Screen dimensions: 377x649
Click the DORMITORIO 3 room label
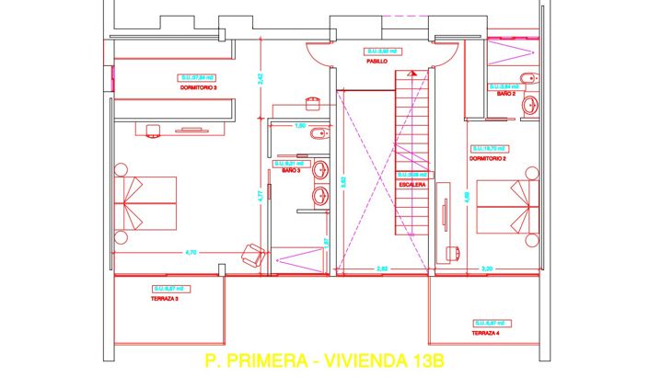coord(198,88)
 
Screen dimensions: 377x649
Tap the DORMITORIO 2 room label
coord(487,158)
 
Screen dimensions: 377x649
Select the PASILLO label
coord(378,62)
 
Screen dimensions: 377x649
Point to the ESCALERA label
coord(411,184)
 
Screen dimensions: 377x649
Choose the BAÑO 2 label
coord(505,94)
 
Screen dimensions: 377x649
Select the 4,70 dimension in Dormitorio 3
coord(191,251)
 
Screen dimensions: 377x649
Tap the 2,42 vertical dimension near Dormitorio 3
coord(261,78)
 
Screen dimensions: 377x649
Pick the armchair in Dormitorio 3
coord(249,254)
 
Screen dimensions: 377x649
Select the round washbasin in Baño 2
coord(529,108)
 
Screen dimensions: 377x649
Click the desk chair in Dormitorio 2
coord(454,250)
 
